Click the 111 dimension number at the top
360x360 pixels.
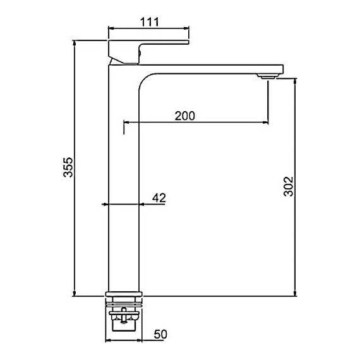pyautogui.click(x=150, y=22)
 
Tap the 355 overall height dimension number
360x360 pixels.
pyautogui.click(x=68, y=167)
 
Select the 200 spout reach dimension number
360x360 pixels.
pyautogui.click(x=185, y=116)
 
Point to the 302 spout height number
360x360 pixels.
pyautogui.click(x=289, y=186)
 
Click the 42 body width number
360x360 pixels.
pyautogui.click(x=159, y=198)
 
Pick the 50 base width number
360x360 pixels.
pyautogui.click(x=160, y=334)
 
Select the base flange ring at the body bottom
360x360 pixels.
pyautogui.click(x=124, y=294)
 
